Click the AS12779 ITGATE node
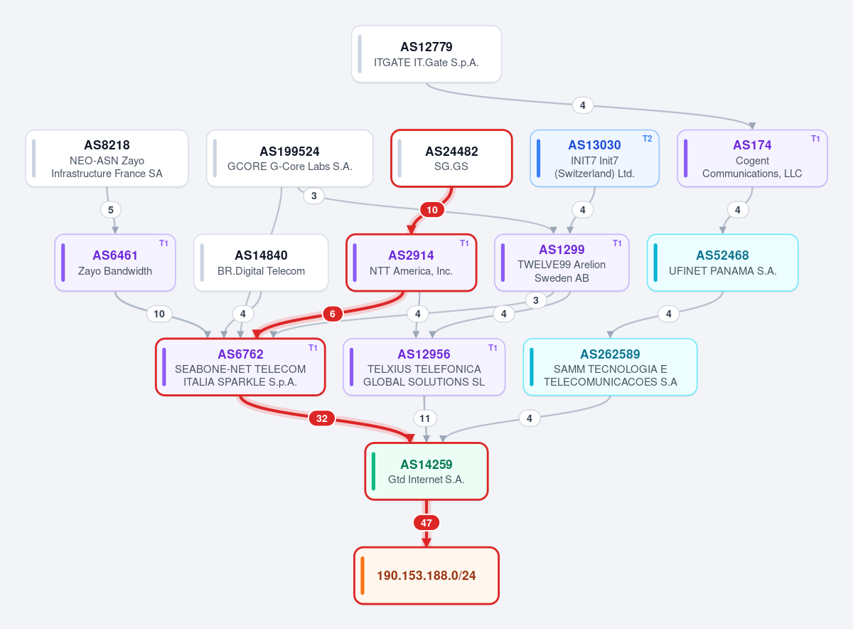[x=426, y=54]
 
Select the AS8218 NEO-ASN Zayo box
[x=107, y=159]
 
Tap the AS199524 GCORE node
[x=290, y=159]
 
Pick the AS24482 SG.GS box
[x=451, y=159]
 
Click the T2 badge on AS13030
[x=648, y=139]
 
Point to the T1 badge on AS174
[x=815, y=139]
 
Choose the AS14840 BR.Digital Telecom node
[x=261, y=263]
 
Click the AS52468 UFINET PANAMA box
[x=722, y=263]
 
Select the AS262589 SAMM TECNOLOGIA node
[x=610, y=367]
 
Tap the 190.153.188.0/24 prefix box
[x=426, y=576]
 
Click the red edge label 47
[x=426, y=523]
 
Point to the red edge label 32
[x=322, y=418]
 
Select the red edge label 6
[x=333, y=314]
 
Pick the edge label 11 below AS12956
[x=425, y=418]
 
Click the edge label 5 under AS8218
[x=111, y=210]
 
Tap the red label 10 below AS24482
[x=432, y=210]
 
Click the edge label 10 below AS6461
[x=159, y=314]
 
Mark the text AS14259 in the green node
[x=426, y=465]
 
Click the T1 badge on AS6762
[x=313, y=348]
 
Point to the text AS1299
[x=562, y=249]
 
